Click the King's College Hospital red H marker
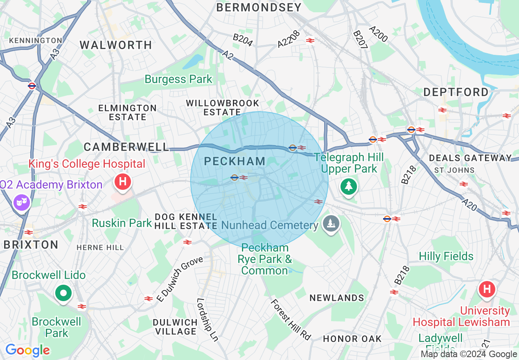123,181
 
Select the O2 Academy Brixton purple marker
22,202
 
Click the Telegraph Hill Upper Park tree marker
348,187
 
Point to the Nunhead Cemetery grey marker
330,224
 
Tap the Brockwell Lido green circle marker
63,293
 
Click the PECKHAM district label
235,162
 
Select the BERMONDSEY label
259,7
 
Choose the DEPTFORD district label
456,92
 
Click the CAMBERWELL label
126,147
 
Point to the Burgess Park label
178,79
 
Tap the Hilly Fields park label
446,256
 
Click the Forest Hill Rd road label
291,319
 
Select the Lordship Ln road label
207,319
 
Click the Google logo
27,350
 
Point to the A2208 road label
289,39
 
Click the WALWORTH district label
116,45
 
